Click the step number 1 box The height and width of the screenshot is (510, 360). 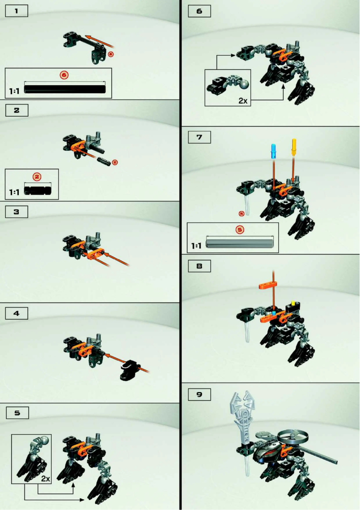(x=17, y=11)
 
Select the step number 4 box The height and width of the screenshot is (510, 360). (x=17, y=313)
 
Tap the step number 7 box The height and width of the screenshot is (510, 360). (x=199, y=137)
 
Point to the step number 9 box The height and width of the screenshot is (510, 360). (x=199, y=394)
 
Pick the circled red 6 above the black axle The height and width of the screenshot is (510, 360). (x=64, y=75)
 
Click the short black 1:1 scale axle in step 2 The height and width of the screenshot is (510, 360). (x=38, y=190)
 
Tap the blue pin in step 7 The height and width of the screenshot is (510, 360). (x=273, y=151)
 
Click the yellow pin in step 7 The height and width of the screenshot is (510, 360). (x=295, y=146)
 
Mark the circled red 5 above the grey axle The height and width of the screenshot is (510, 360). (x=240, y=229)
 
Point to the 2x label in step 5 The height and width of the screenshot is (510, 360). (x=45, y=479)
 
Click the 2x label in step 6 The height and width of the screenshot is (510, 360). (x=243, y=100)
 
